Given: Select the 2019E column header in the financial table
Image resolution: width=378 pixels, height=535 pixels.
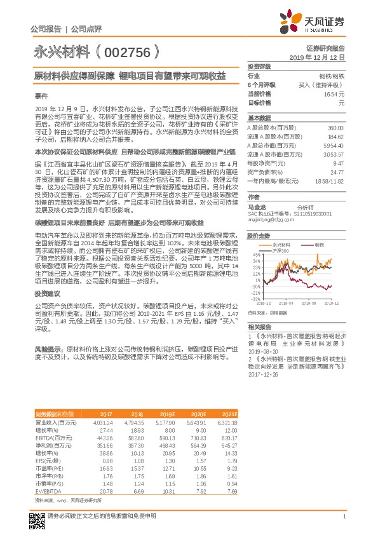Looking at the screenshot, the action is pos(167,414).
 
